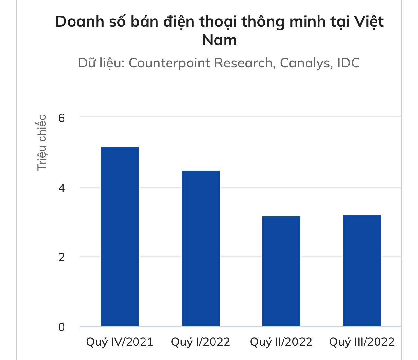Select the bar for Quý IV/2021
[120, 237]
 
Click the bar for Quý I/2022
[201, 248]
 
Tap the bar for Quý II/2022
[281, 271]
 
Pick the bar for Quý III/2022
[362, 271]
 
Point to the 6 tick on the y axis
[62, 118]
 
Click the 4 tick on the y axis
[62, 188]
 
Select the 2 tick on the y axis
[62, 257]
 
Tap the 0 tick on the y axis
[62, 327]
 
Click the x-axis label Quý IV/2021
[120, 342]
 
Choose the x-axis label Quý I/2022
[200, 342]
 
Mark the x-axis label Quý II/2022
[281, 342]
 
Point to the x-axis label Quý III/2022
[362, 342]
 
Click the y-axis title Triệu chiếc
[42, 143]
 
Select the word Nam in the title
[219, 40]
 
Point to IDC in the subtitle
[348, 63]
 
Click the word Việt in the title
[369, 22]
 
